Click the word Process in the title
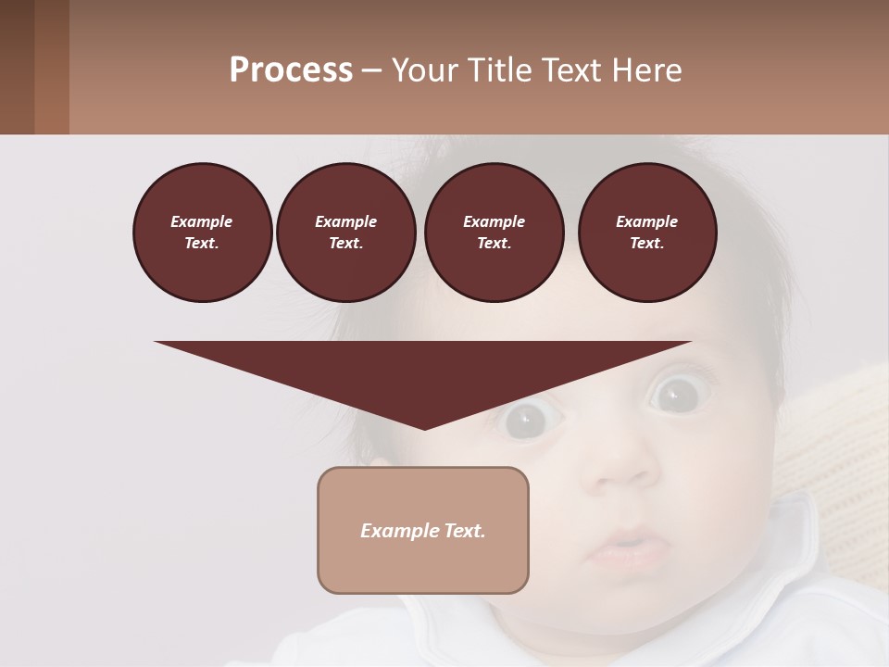click(x=291, y=70)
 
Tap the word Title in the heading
click(x=499, y=70)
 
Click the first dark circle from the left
click(x=202, y=232)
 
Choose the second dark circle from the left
click(x=345, y=232)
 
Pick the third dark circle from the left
click(x=494, y=232)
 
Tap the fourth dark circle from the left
click(x=646, y=232)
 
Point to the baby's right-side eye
click(x=674, y=395)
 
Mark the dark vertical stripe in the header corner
click(x=52, y=67)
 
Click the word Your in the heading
click(x=427, y=70)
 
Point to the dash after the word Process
click(x=371, y=70)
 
